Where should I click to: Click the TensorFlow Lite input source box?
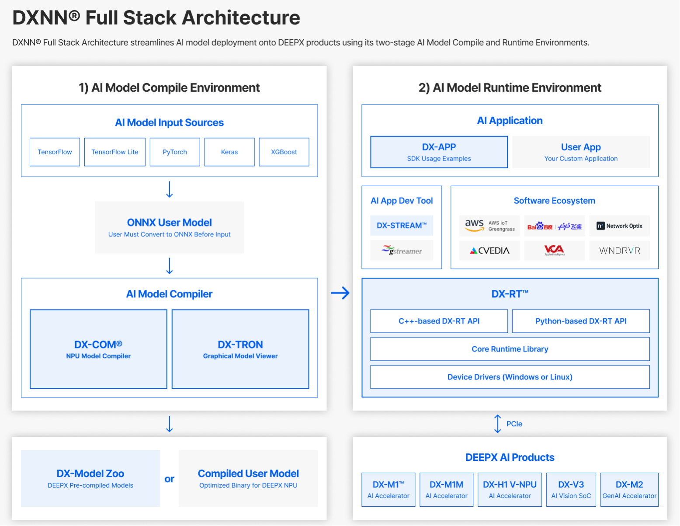[115, 152]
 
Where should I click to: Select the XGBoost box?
[284, 152]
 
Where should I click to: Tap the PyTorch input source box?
[175, 152]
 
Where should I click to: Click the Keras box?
[229, 152]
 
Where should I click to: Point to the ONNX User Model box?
[169, 227]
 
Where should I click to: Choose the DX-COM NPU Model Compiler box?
[98, 349]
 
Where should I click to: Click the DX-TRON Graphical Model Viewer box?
[240, 349]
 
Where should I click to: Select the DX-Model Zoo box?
[90, 478]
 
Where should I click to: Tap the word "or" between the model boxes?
[169, 479]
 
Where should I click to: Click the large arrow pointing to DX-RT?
[340, 293]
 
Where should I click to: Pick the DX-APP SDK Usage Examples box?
[439, 152]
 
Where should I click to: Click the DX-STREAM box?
[402, 226]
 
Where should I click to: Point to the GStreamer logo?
[402, 251]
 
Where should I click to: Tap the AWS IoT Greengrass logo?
[490, 226]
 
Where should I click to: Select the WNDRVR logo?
[620, 251]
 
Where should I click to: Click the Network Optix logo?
[620, 226]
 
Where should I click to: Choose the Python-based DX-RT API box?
[581, 321]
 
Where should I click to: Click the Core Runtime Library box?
[510, 349]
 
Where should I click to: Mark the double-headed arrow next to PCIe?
[498, 424]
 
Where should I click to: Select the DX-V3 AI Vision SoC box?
[571, 490]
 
